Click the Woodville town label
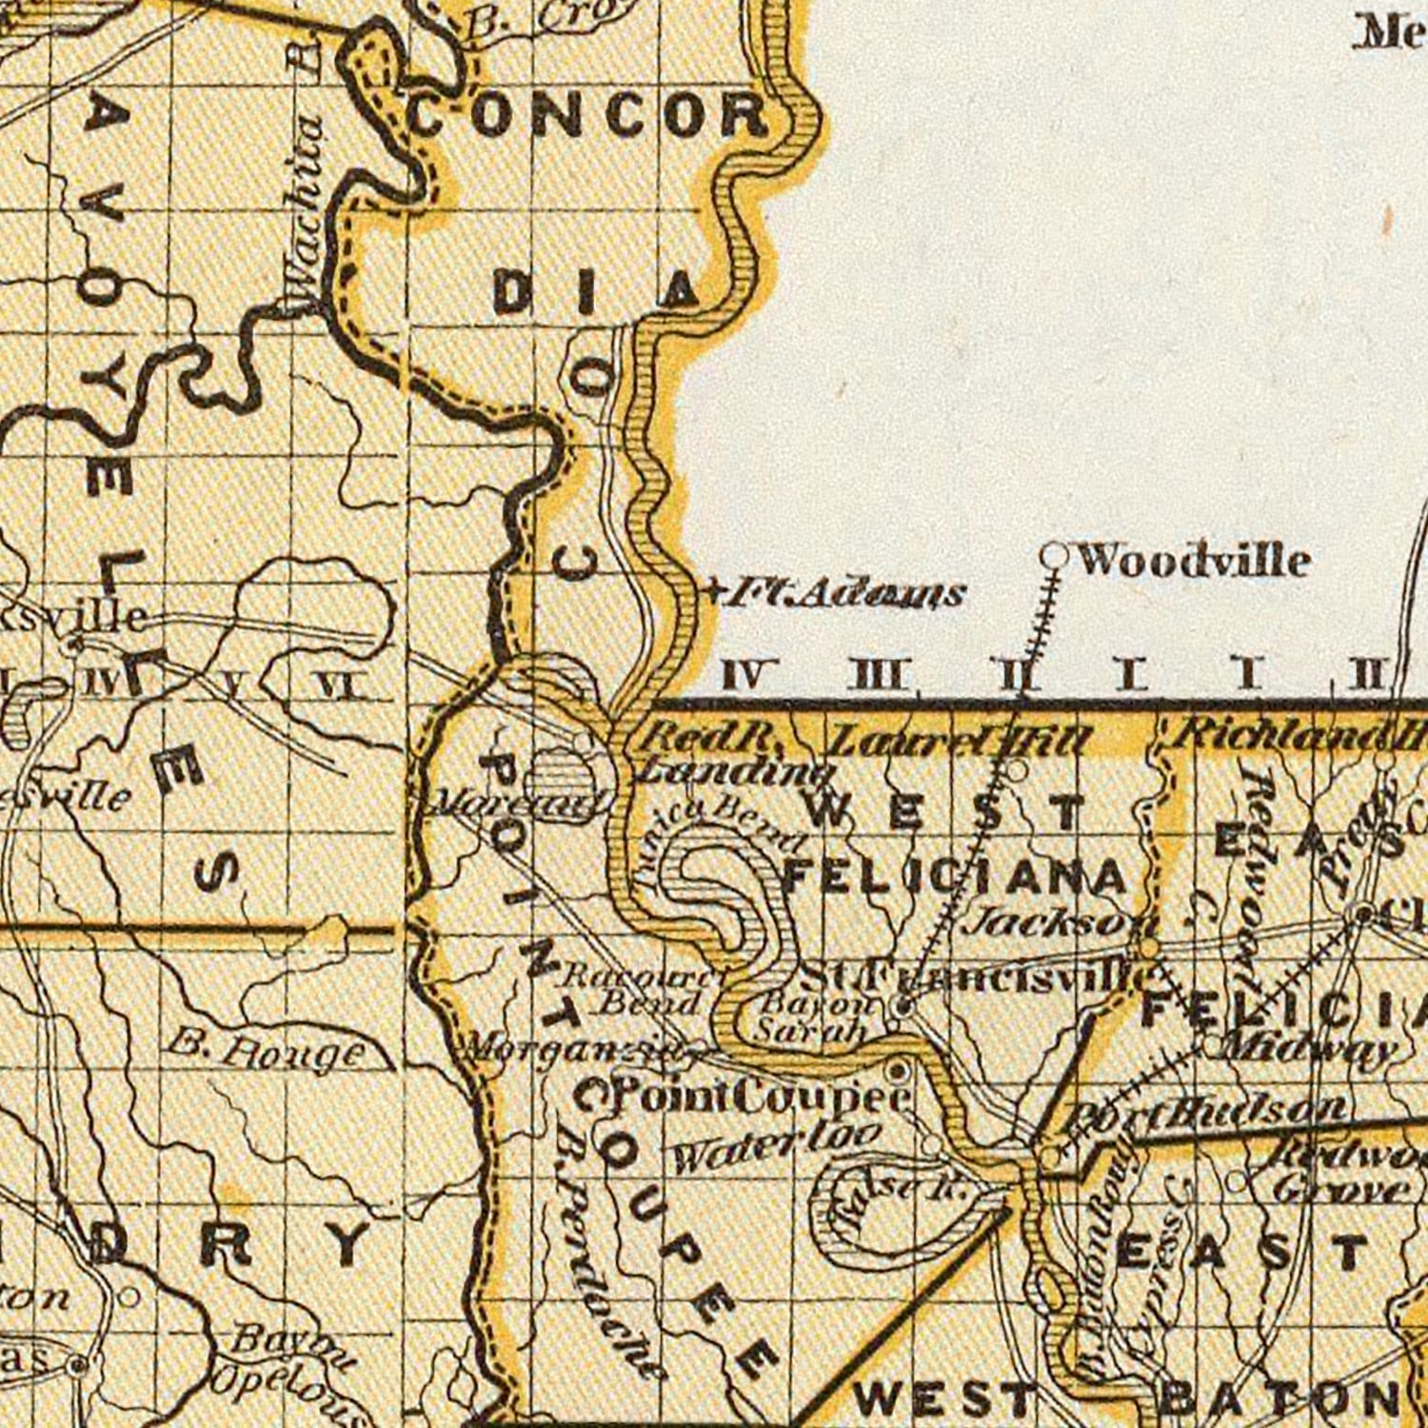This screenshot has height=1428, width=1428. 1192,561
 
